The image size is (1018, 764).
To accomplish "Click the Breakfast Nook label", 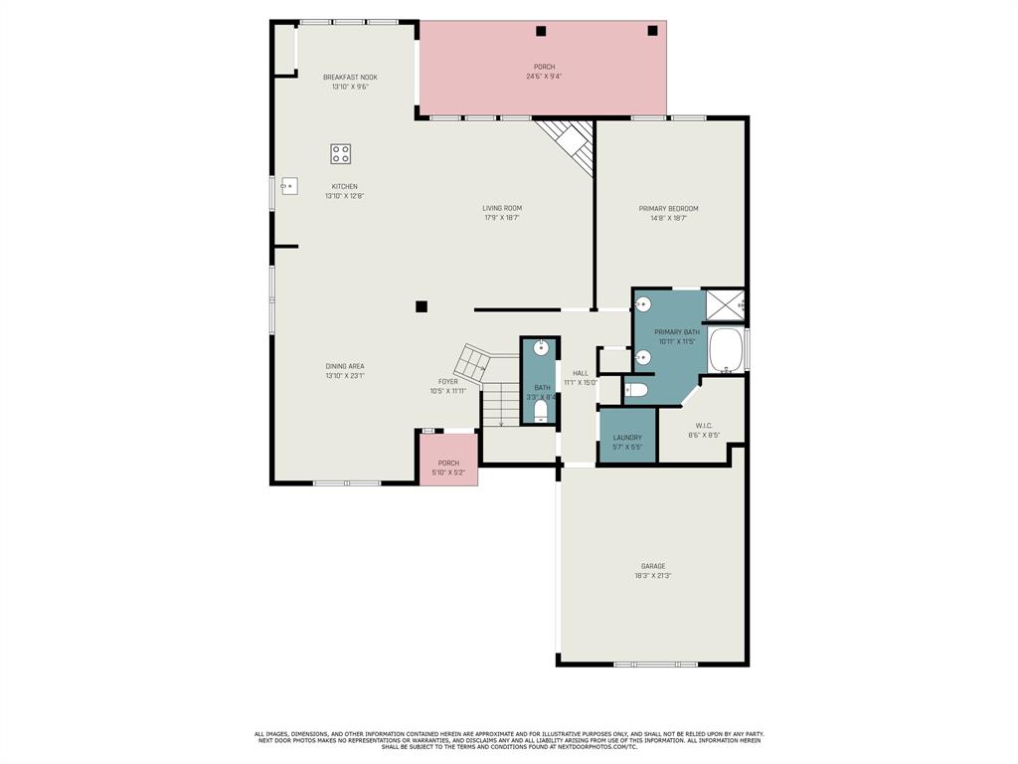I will coord(350,77).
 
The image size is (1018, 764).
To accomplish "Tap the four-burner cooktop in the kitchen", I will coord(341,153).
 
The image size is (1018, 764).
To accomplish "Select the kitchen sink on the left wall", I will coord(289,186).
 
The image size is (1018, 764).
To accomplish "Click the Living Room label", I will coord(502,208).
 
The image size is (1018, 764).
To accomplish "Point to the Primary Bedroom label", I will coord(668,209).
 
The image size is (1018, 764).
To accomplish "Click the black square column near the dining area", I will coord(422,306).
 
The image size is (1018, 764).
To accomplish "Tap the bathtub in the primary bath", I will coord(727,350).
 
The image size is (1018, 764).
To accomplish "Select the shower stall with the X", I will coord(725,304).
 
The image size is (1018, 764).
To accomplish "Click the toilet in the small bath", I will coord(541,409).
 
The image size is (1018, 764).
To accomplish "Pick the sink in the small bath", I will coord(541,348).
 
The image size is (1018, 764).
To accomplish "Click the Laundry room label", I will coord(627,438).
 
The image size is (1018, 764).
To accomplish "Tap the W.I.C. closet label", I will coord(704,426).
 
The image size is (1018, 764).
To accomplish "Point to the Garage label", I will coord(653,566).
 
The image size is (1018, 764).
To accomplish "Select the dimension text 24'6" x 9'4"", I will coord(544,76).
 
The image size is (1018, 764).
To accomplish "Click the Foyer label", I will coord(448,381).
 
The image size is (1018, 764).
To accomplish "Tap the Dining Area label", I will coord(345,366).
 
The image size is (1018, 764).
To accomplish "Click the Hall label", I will coord(581,373).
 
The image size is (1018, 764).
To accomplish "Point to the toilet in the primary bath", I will coord(637,390).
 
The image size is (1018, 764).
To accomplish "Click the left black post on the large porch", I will coord(541,31).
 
